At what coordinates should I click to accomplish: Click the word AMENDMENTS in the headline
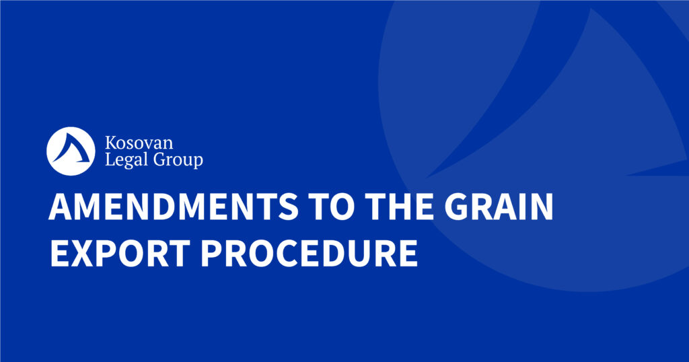tap(174, 207)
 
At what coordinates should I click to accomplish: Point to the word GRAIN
tap(499, 207)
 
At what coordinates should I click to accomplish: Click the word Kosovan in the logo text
tap(139, 143)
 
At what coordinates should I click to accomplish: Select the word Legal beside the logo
tap(126, 159)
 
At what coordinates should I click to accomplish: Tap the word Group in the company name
tap(178, 160)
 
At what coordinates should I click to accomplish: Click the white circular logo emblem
tap(71, 151)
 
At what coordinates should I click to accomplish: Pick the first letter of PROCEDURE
tap(211, 254)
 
